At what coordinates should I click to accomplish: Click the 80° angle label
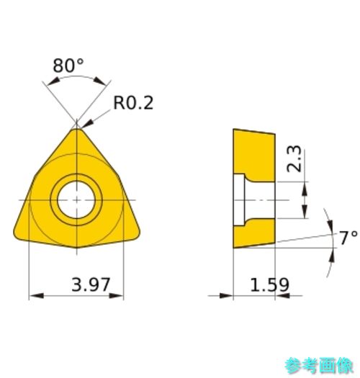68,66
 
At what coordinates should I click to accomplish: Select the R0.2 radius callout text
133,103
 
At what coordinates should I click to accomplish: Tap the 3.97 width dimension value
91,284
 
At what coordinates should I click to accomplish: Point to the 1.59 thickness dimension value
269,284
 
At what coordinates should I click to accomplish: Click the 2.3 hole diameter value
294,158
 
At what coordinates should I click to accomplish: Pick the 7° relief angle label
348,238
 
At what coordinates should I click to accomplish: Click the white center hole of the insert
76,200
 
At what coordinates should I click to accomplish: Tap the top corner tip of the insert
76,129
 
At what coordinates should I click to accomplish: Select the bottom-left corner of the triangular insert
15,235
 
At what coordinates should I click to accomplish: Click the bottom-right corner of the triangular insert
138,235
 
